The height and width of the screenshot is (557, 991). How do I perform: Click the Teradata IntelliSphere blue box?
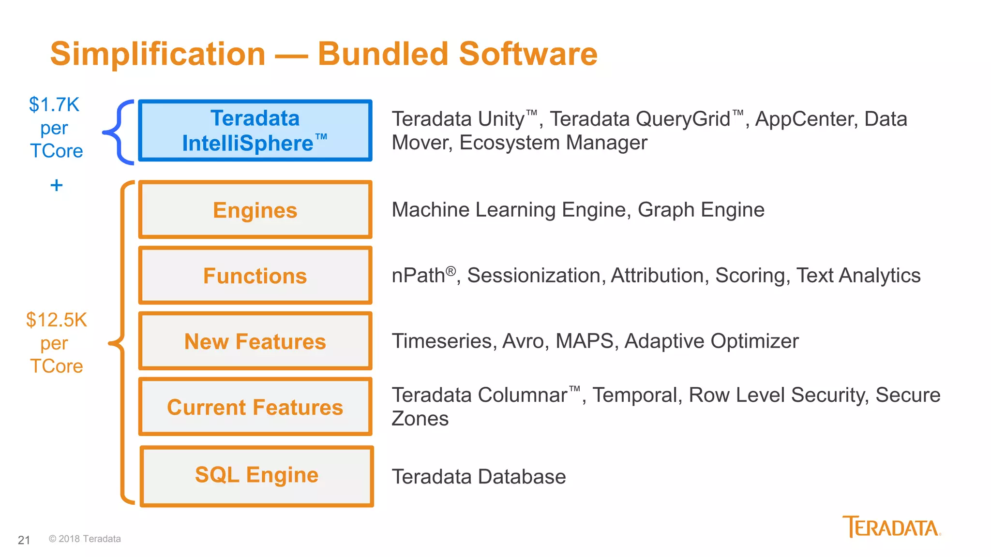click(x=255, y=131)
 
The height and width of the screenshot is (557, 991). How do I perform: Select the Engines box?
click(x=255, y=210)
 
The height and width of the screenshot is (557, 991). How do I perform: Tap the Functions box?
click(x=255, y=276)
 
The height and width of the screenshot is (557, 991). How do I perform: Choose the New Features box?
click(x=255, y=341)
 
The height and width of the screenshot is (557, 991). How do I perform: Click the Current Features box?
click(x=255, y=407)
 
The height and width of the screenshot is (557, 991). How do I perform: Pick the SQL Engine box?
click(x=256, y=476)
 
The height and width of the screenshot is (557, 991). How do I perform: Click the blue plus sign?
click(x=57, y=185)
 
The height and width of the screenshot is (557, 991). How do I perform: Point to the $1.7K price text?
click(x=54, y=105)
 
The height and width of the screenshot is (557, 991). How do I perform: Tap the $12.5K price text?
click(x=57, y=320)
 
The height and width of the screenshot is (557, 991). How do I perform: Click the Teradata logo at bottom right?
click(x=891, y=527)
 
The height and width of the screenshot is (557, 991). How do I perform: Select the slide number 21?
click(x=24, y=540)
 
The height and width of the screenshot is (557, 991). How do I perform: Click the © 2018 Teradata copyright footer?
click(x=85, y=539)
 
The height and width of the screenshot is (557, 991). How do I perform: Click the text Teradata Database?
click(x=479, y=477)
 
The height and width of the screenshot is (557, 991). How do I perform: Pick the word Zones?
click(x=420, y=419)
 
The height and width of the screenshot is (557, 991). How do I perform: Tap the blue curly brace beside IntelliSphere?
click(x=119, y=132)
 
